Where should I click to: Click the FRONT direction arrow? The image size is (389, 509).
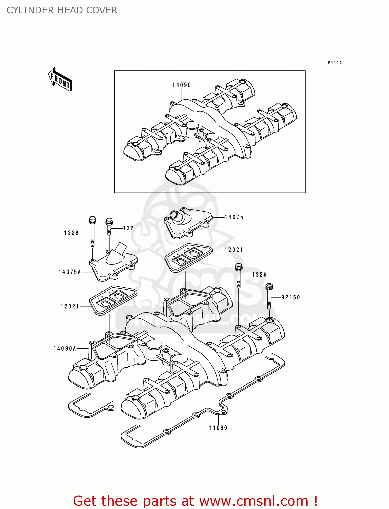pos(60,79)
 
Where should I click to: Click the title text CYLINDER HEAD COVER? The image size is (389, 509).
pos(62,10)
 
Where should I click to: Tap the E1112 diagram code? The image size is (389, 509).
pos(335,63)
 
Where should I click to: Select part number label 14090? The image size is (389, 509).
pos(182,85)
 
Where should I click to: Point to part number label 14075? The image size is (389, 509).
pos(234,217)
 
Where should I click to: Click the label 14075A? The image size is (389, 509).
pos(70,272)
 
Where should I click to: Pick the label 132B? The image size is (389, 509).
pos(71,233)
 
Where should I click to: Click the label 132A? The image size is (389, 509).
pos(259,275)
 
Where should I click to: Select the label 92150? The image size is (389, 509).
pos(291,298)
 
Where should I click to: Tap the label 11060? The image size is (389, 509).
pos(218,428)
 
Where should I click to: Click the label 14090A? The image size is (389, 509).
pos(65,348)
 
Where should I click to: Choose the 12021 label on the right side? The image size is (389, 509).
pos(234,250)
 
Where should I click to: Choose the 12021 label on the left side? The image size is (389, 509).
pos(70,307)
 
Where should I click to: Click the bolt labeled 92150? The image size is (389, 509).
pos(269,296)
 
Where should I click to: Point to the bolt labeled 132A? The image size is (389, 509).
pos(239,276)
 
